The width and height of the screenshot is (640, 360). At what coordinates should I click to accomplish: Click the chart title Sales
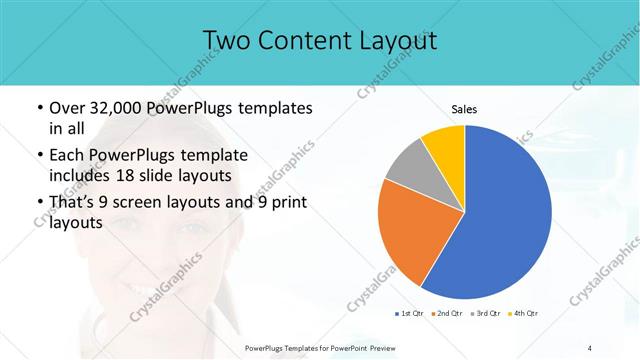464,108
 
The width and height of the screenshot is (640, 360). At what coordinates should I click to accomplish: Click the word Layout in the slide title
393,40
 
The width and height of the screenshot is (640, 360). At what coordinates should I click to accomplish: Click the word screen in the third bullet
151,203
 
